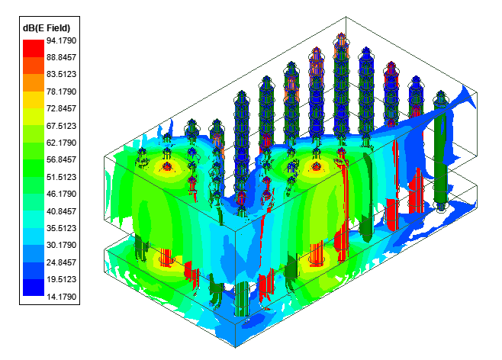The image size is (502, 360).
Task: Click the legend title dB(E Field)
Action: (47, 28)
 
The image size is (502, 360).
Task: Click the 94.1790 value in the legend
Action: (62, 40)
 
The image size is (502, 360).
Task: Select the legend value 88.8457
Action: (62, 58)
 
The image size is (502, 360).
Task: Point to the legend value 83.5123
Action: (62, 74)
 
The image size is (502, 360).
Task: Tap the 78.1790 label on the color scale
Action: (62, 92)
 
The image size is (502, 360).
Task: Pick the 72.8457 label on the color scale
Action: (62, 108)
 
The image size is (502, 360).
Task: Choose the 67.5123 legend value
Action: (62, 126)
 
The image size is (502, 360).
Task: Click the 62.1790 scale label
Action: (62, 143)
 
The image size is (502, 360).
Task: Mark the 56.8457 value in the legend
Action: (62, 159)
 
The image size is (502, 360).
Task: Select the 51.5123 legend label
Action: (62, 177)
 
